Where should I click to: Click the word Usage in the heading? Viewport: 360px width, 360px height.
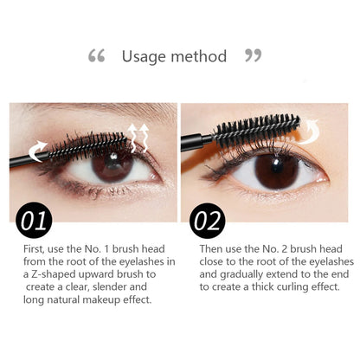click(x=144, y=57)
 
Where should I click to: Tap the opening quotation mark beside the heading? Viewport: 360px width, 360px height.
click(x=97, y=56)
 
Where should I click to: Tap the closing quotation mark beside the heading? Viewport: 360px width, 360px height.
click(x=253, y=56)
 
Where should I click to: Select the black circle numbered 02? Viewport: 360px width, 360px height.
click(x=208, y=222)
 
